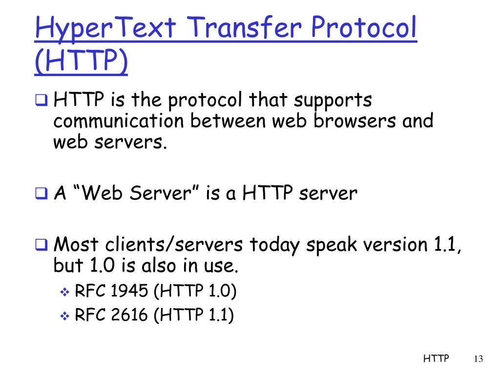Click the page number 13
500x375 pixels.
pyautogui.click(x=478, y=359)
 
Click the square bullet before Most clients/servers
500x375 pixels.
pyautogui.click(x=42, y=244)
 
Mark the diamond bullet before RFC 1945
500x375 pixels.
pyautogui.click(x=65, y=292)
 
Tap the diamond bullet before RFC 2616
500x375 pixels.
pyautogui.click(x=65, y=316)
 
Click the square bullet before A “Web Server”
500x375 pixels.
pyautogui.click(x=42, y=194)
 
